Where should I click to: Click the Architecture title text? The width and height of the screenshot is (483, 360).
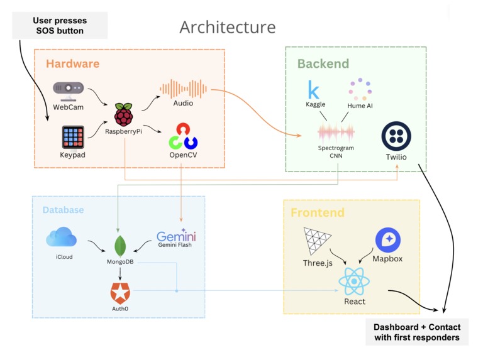(x=227, y=28)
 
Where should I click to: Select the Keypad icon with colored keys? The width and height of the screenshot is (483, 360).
(x=73, y=137)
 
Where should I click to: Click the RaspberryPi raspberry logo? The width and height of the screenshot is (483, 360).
(x=124, y=115)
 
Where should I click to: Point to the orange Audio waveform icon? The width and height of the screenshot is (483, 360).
(x=183, y=88)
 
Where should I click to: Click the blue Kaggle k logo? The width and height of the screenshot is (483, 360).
(x=313, y=90)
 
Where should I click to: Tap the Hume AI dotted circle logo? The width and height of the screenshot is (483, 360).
(x=360, y=90)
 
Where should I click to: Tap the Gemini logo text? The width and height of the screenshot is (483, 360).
(x=176, y=236)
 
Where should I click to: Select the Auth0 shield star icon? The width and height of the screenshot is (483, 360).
(x=119, y=292)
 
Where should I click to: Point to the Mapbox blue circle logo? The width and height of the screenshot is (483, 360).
(x=388, y=241)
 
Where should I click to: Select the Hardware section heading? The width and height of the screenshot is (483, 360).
(x=72, y=64)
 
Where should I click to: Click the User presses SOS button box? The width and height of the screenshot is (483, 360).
(x=58, y=26)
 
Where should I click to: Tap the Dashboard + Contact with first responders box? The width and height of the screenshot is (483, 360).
(x=417, y=332)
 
